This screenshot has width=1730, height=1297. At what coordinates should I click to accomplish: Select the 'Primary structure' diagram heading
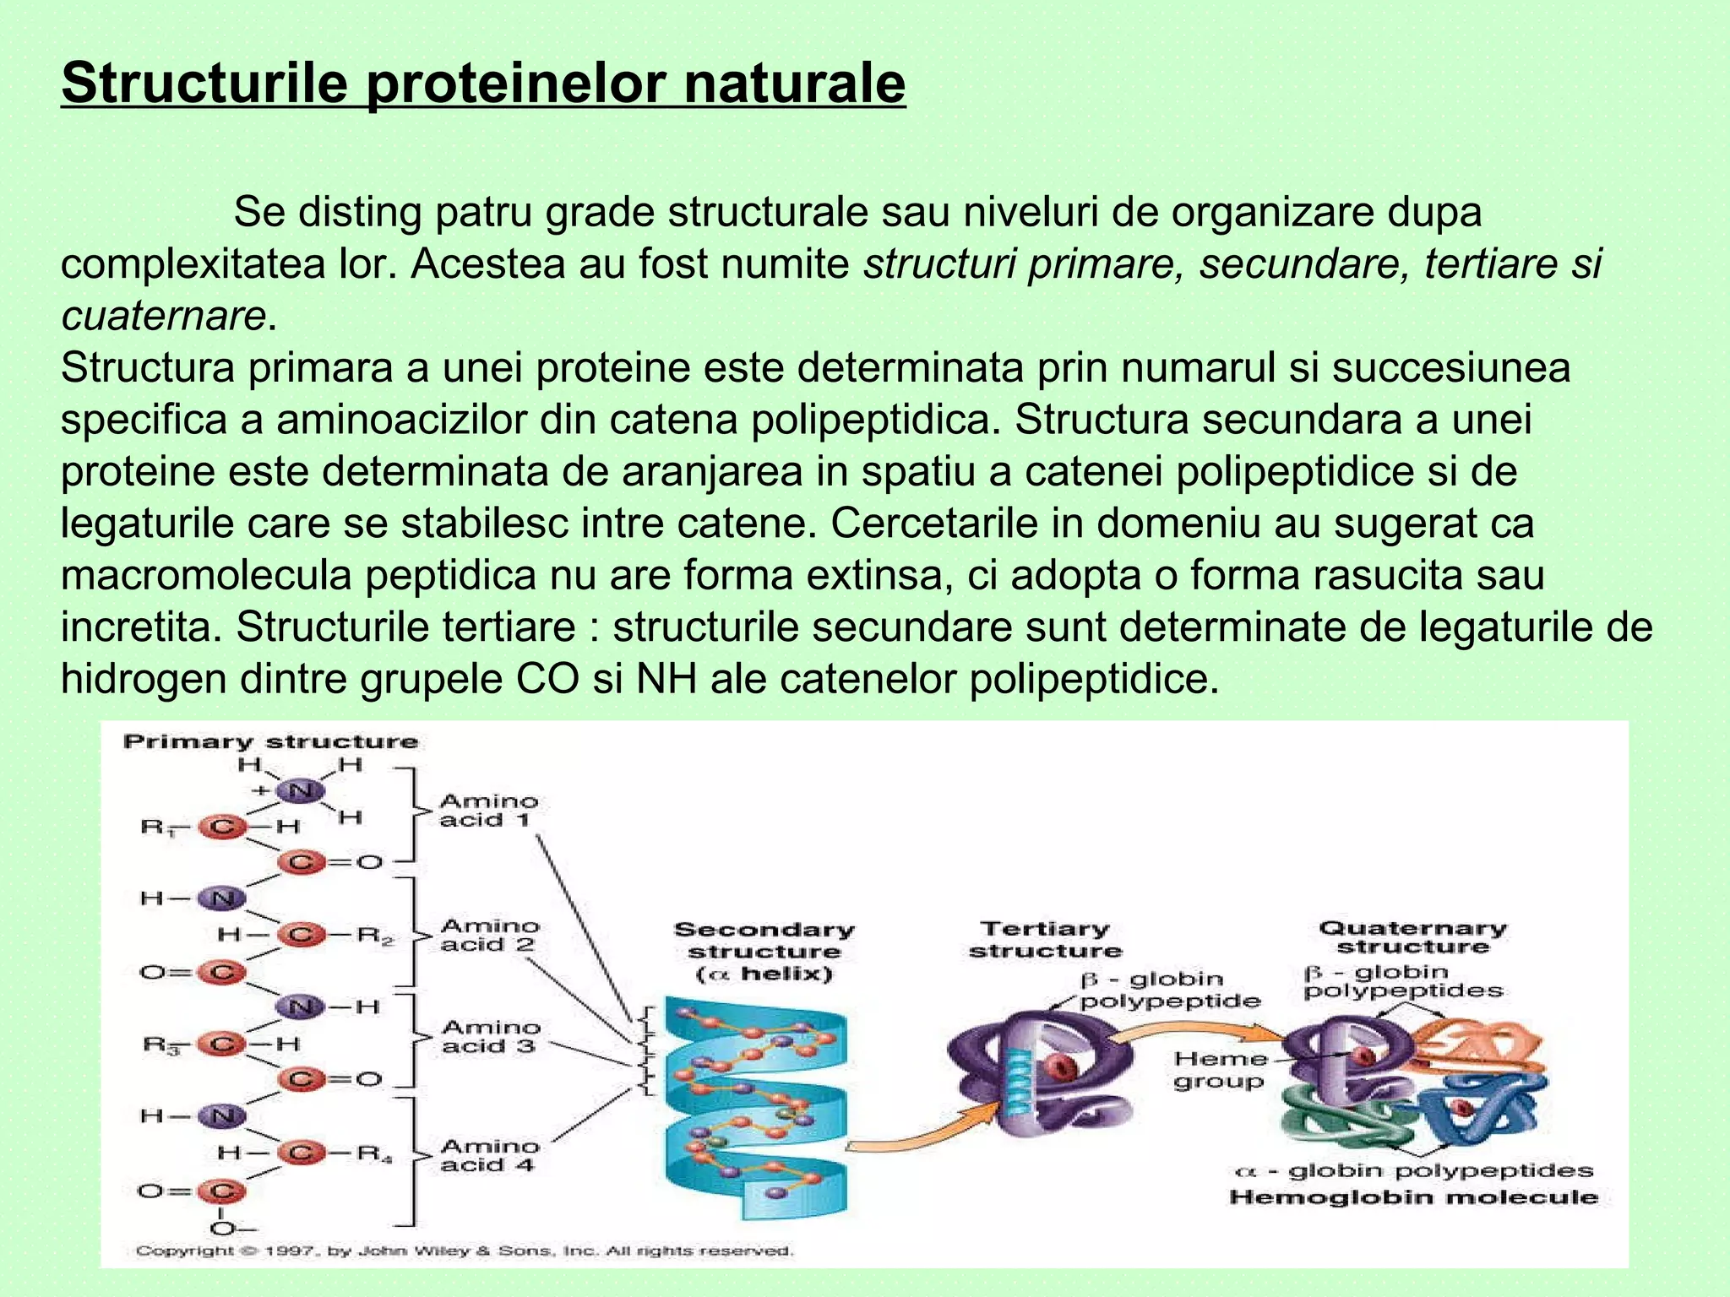coord(270,741)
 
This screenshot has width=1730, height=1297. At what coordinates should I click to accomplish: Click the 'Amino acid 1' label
coord(488,810)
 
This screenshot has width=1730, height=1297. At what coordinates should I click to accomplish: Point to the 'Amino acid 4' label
coord(489,1155)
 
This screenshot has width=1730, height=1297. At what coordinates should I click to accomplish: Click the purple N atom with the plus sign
coord(300,791)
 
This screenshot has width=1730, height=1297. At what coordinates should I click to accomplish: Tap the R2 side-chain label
coord(374,935)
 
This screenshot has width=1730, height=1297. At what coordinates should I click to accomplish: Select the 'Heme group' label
coord(1220,1070)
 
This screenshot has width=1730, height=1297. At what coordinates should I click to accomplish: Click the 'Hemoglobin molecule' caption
coord(1413,1197)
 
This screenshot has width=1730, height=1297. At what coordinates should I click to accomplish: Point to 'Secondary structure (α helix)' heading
coord(764,952)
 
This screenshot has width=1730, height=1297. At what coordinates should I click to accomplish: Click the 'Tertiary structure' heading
coord(1045,939)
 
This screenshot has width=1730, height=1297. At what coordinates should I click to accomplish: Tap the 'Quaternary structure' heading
coord(1412,937)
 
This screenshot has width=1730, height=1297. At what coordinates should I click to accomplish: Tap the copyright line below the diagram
coord(465,1251)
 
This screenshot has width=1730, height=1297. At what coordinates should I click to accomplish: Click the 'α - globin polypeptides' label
coord(1413,1170)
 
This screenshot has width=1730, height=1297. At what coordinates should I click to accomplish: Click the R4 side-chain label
coord(374,1152)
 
